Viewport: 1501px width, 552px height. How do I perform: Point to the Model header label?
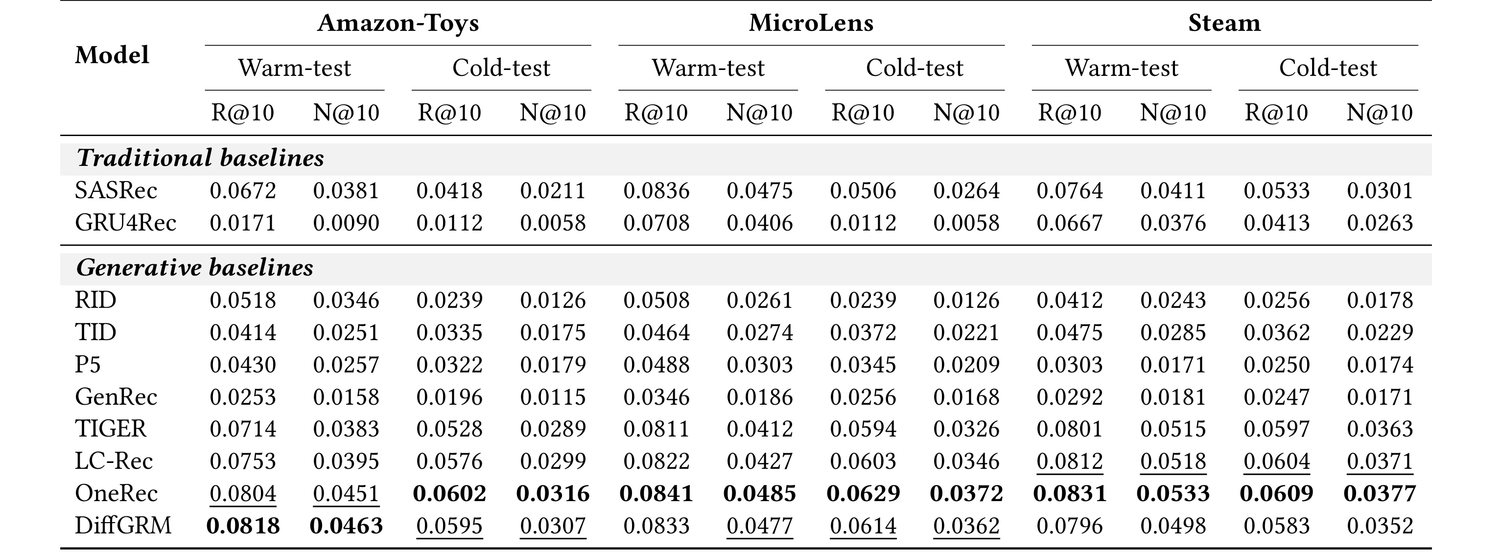[112, 55]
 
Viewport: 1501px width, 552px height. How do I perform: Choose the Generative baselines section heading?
[195, 268]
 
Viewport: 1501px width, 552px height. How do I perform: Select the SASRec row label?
[116, 190]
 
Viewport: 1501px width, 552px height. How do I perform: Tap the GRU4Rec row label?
[125, 223]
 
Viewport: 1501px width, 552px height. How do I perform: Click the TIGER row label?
[110, 429]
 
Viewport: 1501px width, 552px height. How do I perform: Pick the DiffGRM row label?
[123, 526]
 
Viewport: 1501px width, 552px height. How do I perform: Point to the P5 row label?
[88, 365]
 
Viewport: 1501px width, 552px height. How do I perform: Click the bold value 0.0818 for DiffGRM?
[243, 526]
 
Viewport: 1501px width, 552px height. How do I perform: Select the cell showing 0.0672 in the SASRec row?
[243, 190]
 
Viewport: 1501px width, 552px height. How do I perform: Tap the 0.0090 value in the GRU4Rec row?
[346, 223]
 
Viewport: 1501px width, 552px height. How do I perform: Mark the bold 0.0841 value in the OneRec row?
[656, 494]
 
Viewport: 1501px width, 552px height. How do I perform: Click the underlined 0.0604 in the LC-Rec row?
[1277, 461]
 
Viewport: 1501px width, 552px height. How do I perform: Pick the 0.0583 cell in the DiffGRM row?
[1277, 526]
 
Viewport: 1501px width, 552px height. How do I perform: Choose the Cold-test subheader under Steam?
[1328, 68]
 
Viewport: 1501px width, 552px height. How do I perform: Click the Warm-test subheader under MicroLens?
[708, 68]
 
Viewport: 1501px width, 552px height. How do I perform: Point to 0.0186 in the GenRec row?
[759, 397]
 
